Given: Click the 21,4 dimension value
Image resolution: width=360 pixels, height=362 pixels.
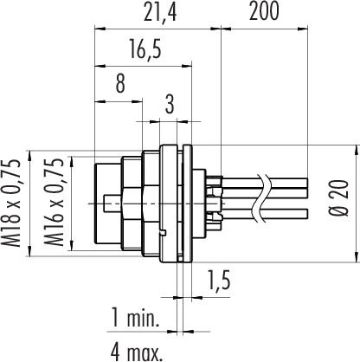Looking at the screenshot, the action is pos(160,12).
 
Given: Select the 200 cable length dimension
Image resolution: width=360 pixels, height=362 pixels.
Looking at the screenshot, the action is pos(264,11).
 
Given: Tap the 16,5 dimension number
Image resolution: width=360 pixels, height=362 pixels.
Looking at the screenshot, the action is pos(145,49).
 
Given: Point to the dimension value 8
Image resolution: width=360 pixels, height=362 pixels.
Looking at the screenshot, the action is pos(120,84).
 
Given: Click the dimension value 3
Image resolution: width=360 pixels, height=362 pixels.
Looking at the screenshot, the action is pos(170,104).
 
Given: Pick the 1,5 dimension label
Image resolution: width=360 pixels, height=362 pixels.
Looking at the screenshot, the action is pos(219,280).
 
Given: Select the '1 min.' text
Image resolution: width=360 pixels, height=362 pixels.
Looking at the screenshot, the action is pos(135,318).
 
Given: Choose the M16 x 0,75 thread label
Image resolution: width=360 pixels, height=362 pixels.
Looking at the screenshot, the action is pos(54,202).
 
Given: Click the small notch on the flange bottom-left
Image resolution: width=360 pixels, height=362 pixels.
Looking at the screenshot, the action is pos(163,232).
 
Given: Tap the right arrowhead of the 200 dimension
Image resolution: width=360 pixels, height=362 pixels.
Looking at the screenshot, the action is pos(303,29).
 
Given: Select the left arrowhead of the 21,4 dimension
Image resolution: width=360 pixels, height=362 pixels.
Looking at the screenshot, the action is pos(100,29).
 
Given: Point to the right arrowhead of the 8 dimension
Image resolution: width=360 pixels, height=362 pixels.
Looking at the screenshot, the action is pos(137,101).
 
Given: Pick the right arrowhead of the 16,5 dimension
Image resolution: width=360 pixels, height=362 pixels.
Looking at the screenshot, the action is pos(187,67).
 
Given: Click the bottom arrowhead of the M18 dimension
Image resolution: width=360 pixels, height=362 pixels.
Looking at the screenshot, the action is pos(29,250).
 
